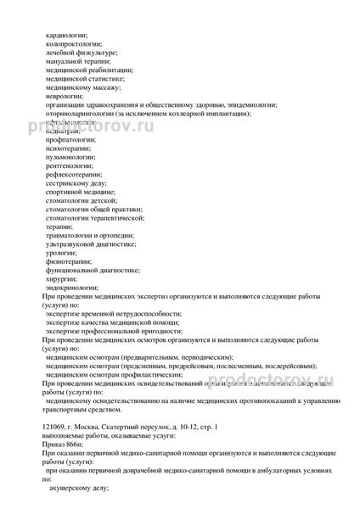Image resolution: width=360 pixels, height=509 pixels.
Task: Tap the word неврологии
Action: click(65, 96)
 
